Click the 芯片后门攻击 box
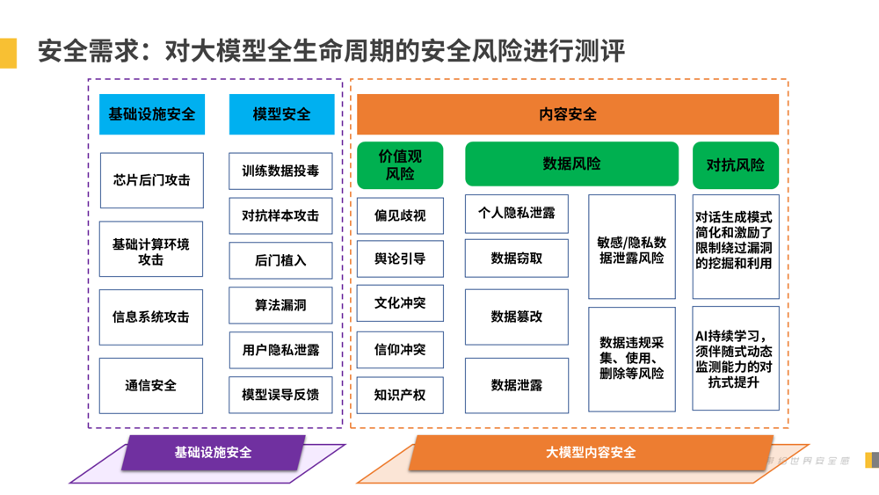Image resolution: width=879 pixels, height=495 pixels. [x=151, y=180]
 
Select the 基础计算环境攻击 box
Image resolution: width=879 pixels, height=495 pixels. [x=151, y=250]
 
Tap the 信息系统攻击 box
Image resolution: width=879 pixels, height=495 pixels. [x=151, y=317]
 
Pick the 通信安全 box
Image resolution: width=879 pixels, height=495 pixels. [x=151, y=385]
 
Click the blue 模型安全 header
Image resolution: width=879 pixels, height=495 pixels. [x=281, y=114]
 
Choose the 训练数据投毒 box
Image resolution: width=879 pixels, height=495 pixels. [x=281, y=171]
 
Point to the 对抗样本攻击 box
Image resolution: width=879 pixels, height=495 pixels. [x=281, y=215]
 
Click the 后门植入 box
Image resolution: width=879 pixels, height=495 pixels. [x=281, y=260]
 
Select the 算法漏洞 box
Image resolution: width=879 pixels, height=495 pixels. [x=281, y=305]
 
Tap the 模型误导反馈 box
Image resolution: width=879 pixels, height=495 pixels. [x=281, y=395]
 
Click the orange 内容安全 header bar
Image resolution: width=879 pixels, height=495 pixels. [x=568, y=114]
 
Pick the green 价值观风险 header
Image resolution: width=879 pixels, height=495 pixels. [x=400, y=165]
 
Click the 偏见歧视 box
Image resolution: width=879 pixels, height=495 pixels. [x=400, y=215]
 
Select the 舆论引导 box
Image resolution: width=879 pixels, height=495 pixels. [x=400, y=258]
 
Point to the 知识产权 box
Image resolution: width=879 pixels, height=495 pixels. [x=400, y=395]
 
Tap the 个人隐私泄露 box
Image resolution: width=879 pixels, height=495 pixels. [x=516, y=214]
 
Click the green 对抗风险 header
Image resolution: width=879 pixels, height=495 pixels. [x=736, y=165]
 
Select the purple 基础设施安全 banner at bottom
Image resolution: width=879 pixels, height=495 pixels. [x=214, y=452]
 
